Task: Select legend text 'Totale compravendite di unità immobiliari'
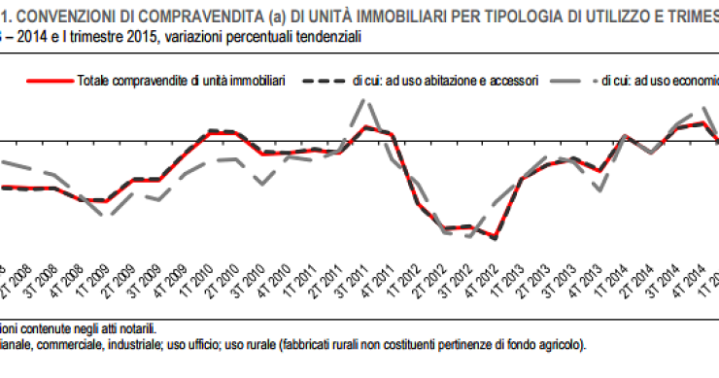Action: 179,83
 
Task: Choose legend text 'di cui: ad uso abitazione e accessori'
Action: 445,83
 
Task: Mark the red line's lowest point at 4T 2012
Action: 496,238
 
